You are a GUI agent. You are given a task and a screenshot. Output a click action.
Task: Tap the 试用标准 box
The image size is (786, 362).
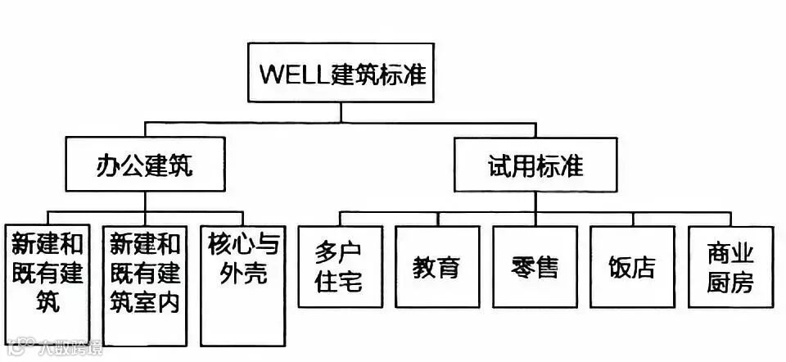pos(536,166)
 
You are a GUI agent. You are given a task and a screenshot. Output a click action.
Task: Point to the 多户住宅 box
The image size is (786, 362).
pos(340,266)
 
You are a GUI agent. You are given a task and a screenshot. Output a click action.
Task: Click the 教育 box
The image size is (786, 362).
pos(436,266)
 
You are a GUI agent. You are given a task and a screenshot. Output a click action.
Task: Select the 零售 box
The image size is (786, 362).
pos(535,266)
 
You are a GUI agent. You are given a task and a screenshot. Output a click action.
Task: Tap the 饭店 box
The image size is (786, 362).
pos(632,266)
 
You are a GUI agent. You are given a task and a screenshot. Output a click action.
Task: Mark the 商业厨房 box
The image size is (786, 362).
pos(730,266)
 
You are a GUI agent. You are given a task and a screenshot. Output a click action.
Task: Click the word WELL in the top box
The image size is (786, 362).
pos(294,74)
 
